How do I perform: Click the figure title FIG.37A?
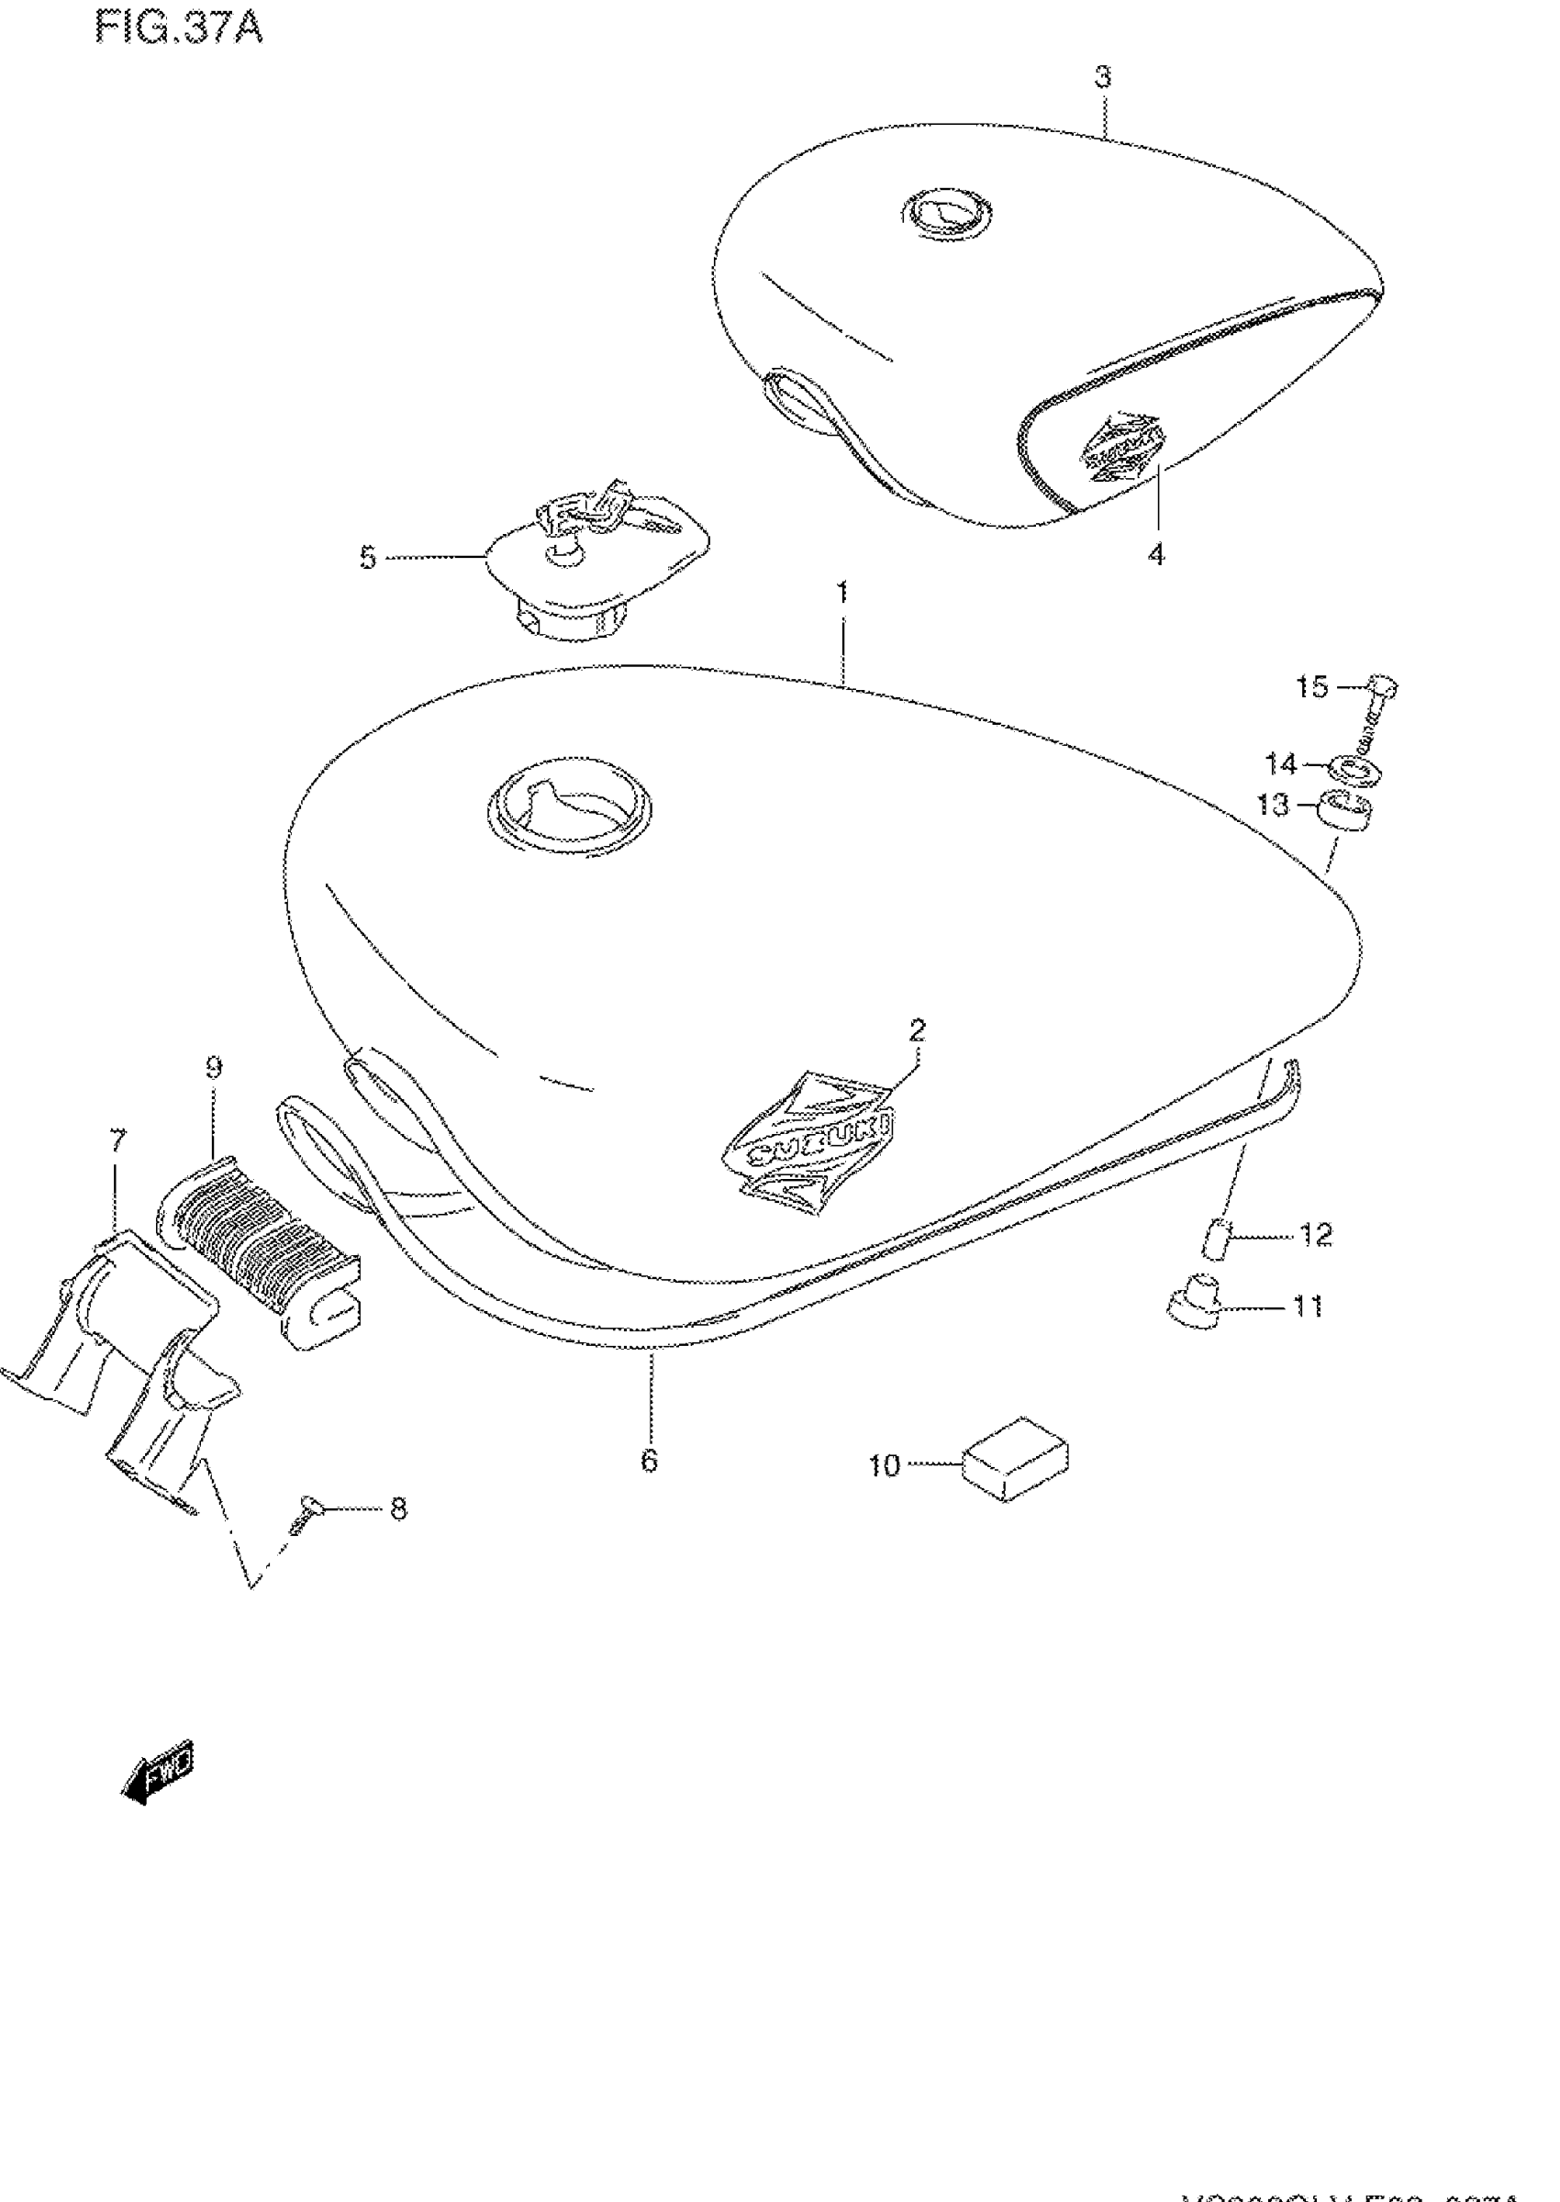pos(179,28)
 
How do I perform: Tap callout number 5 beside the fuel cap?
pos(368,558)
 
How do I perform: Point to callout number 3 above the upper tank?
pos(1103,77)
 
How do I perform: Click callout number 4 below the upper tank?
pos(1156,554)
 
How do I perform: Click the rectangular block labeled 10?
pos(1014,1465)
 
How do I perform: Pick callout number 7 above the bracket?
pos(117,1141)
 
